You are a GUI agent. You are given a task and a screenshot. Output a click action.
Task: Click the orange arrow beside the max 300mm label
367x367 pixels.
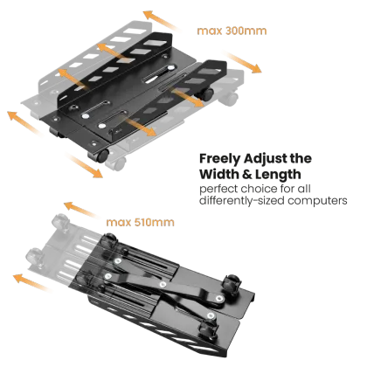pos(164,21)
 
